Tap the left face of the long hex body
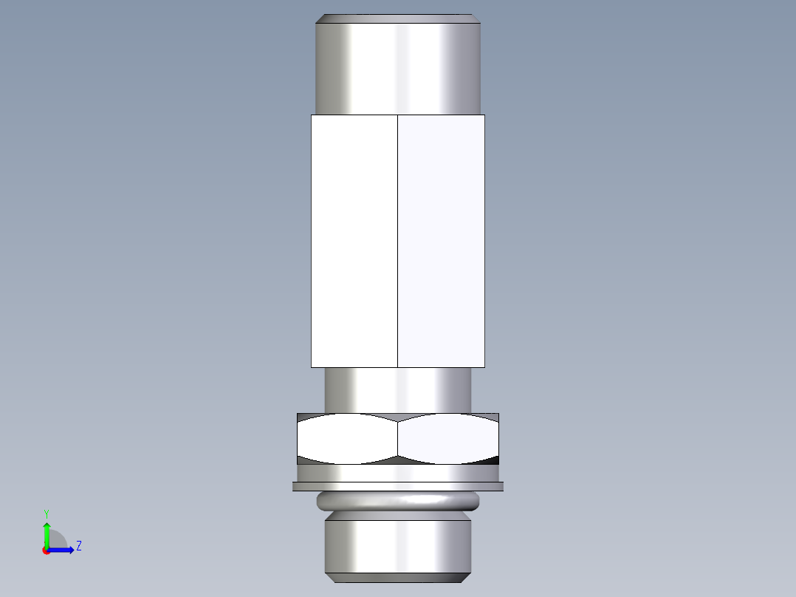[354, 241]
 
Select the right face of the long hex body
[441, 241]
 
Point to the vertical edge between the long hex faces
[398, 241]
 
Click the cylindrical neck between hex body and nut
[398, 389]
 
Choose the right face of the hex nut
[447, 439]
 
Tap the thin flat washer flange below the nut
[398, 486]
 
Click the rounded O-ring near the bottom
[398, 502]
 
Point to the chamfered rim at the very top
[398, 18]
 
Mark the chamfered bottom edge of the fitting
[398, 576]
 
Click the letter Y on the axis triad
[46, 513]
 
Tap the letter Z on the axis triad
[78, 546]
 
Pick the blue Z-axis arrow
[63, 550]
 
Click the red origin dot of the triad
[46, 550]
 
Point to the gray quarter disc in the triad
[56, 540]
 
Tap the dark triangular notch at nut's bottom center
[398, 460]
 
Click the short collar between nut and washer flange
[398, 472]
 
